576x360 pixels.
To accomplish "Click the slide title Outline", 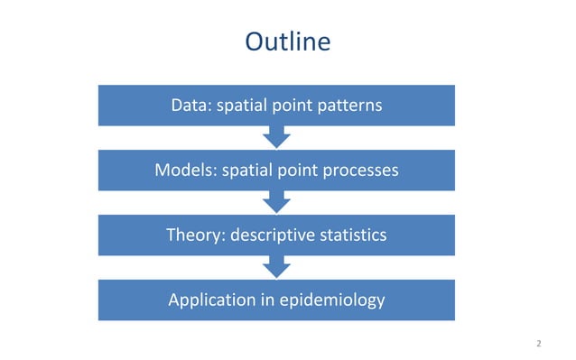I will coord(287,42).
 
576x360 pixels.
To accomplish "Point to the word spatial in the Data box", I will coord(244,106).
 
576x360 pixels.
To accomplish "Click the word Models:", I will coord(184,170).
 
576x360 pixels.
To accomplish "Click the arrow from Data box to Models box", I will coord(276,137).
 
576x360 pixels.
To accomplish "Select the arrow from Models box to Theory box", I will coord(276,202).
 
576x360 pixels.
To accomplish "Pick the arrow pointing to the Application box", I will coord(276,267).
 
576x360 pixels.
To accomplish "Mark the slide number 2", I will coord(538,344).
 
